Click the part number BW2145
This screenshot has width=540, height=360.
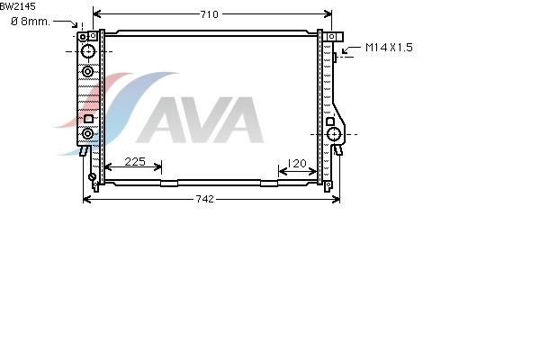coord(18,6)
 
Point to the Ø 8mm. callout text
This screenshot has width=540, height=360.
coord(31,22)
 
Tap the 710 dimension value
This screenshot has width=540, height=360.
coord(209,14)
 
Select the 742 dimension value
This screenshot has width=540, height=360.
coord(204,199)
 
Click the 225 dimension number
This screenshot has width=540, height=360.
coord(135,162)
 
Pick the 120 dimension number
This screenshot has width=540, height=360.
coord(296,163)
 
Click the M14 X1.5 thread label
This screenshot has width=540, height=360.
coord(389,47)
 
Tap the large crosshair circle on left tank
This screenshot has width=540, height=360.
coord(88,51)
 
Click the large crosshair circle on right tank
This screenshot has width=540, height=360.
coord(334,134)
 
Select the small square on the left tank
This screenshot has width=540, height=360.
coord(88,119)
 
